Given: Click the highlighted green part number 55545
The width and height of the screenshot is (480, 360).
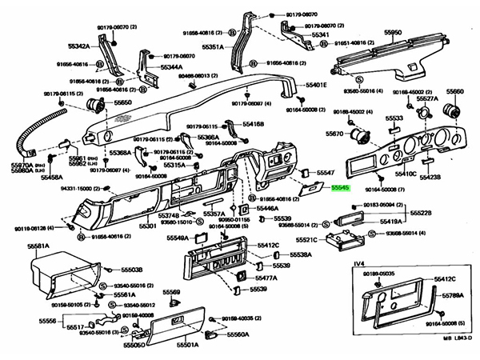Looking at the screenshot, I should click(342, 188).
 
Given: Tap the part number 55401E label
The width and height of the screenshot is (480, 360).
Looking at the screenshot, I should click(314, 84).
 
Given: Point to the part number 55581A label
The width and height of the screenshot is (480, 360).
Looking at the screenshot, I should click(39, 246).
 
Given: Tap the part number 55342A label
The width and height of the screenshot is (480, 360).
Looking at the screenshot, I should click(98, 46).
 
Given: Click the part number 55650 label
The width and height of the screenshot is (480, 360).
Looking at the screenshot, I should click(122, 104).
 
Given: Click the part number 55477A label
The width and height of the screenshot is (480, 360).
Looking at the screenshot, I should click(266, 278).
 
